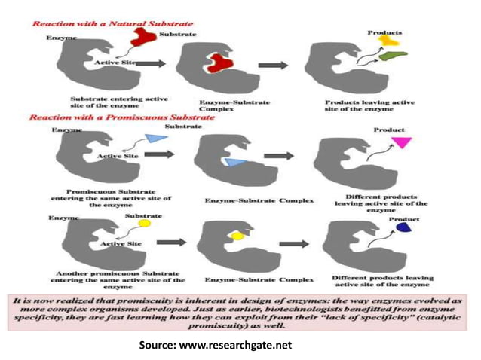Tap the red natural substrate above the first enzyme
click(x=143, y=36)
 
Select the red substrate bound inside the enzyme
click(x=219, y=64)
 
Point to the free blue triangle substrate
click(x=156, y=139)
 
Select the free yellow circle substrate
click(x=145, y=224)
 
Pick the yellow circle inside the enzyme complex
click(x=237, y=236)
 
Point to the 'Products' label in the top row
click(x=384, y=32)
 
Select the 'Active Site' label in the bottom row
click(x=121, y=244)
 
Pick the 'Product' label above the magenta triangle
click(x=389, y=130)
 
